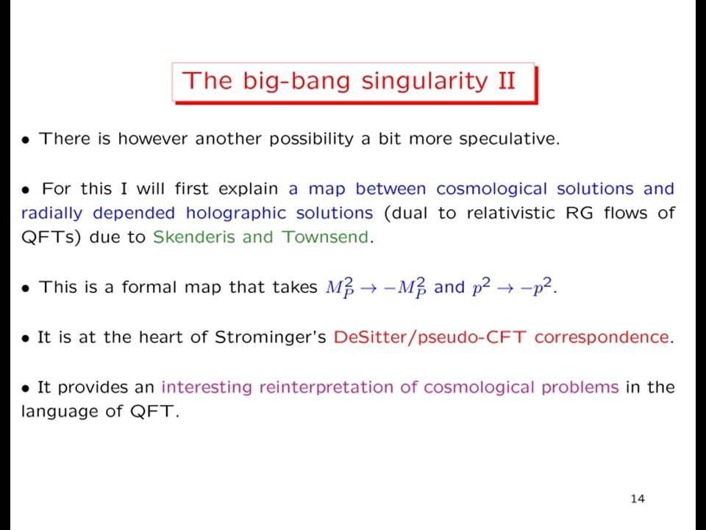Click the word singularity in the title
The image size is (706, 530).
(x=424, y=82)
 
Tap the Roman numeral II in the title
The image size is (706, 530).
(x=507, y=80)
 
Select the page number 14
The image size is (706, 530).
(x=638, y=498)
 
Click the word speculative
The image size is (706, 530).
(x=509, y=139)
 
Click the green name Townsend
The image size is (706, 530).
(x=325, y=236)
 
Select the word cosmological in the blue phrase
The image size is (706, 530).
(x=492, y=189)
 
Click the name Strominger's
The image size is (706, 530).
(x=270, y=338)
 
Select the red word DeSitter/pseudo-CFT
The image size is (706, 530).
(x=429, y=338)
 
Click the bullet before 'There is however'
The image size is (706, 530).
(x=26, y=140)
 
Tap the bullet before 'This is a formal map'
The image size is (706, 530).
(x=26, y=289)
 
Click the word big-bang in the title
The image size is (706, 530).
(x=296, y=82)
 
